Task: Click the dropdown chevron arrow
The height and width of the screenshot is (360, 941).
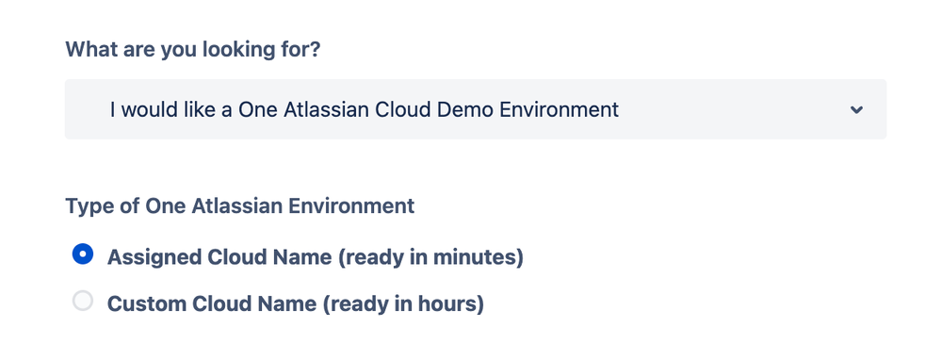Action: pyautogui.click(x=856, y=110)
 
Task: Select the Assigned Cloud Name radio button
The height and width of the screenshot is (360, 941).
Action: pyautogui.click(x=83, y=254)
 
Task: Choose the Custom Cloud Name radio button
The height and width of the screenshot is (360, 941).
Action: pyautogui.click(x=83, y=303)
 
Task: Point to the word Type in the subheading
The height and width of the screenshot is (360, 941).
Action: pyautogui.click(x=88, y=205)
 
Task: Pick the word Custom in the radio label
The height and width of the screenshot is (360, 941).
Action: pyautogui.click(x=144, y=304)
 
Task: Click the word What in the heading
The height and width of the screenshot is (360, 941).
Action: pyautogui.click(x=90, y=49)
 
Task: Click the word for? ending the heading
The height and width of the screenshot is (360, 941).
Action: pyautogui.click(x=301, y=49)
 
